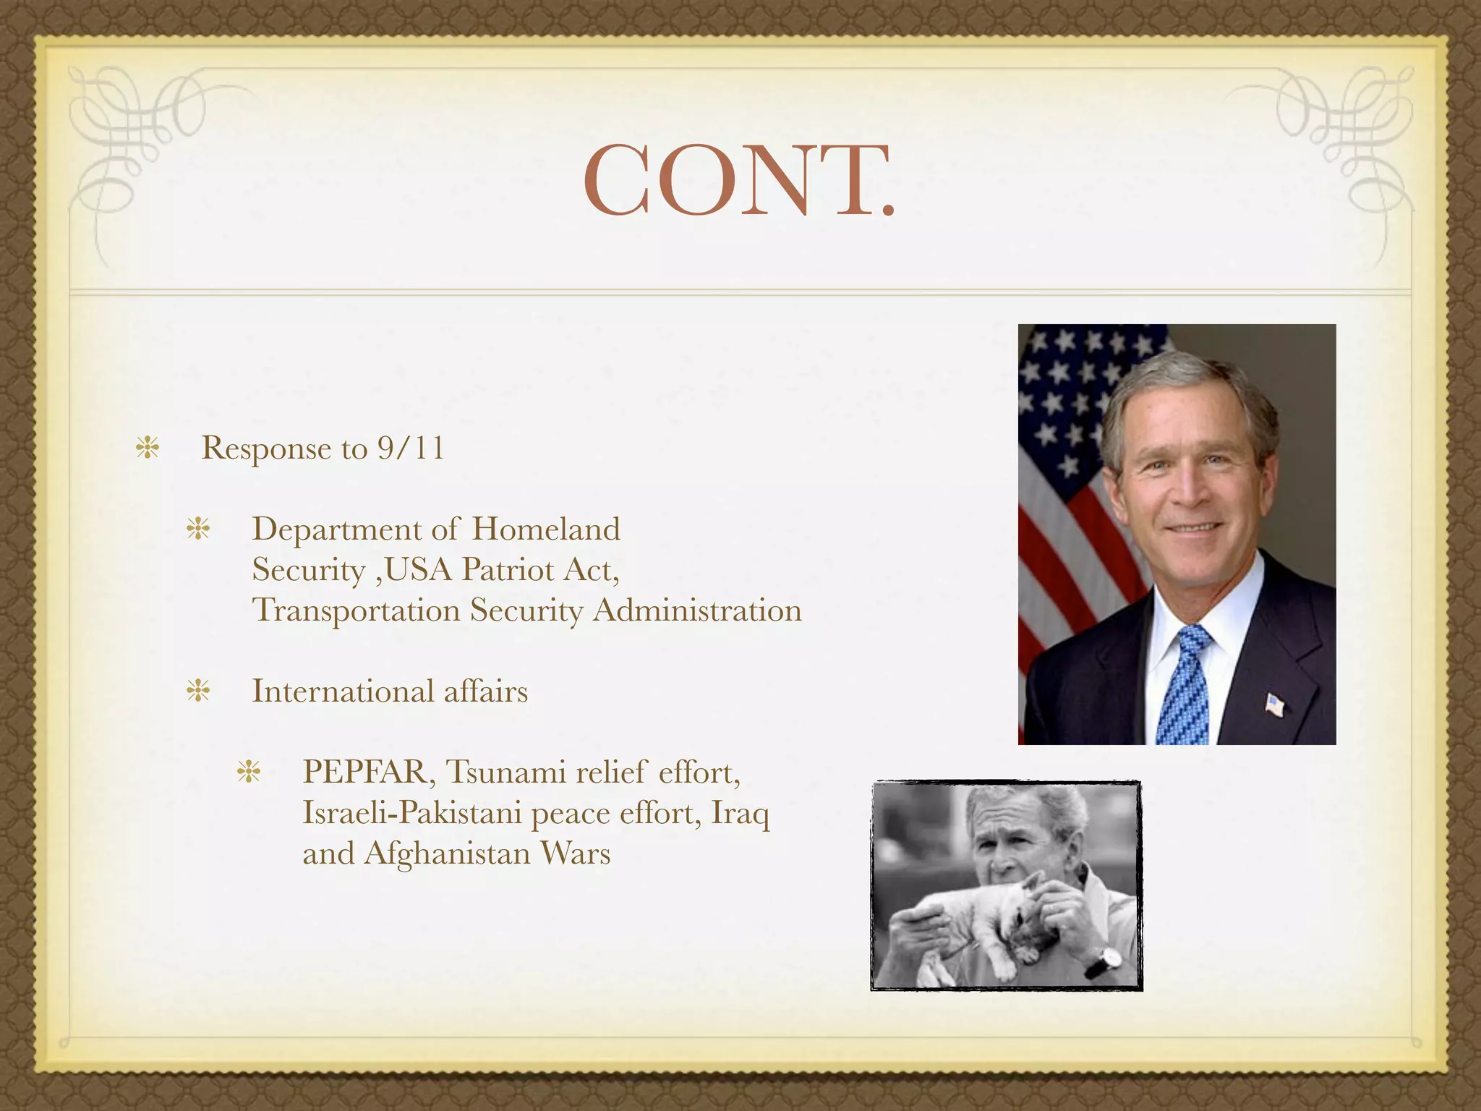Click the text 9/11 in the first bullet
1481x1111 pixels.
(410, 448)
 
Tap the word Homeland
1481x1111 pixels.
(546, 529)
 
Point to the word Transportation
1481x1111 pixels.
(356, 611)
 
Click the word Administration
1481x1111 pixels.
(697, 610)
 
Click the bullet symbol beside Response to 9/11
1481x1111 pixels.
(148, 448)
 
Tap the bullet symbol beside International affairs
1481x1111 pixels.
(197, 691)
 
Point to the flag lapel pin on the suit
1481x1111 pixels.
(1274, 703)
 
